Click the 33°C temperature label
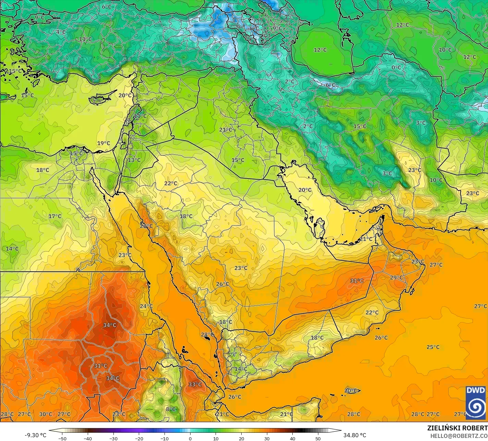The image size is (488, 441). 195,384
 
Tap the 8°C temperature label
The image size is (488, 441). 171,409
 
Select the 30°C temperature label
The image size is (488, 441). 46,414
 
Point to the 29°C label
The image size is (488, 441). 396,278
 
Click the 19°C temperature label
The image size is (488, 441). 103,143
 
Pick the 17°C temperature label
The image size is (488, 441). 55,216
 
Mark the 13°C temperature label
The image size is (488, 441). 134,160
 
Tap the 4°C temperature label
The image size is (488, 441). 61,32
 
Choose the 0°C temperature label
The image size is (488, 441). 396,68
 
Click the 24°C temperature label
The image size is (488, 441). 146,306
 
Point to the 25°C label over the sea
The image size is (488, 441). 433,347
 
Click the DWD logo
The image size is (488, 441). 476,403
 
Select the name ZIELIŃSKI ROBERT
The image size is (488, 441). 457,428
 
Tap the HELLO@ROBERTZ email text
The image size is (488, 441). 459,436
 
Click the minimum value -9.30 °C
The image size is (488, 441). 35,435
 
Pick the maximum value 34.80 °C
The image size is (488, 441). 355,435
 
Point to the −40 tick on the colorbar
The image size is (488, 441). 88,439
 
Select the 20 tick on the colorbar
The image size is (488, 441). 241,439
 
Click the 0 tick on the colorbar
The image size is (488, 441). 190,439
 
